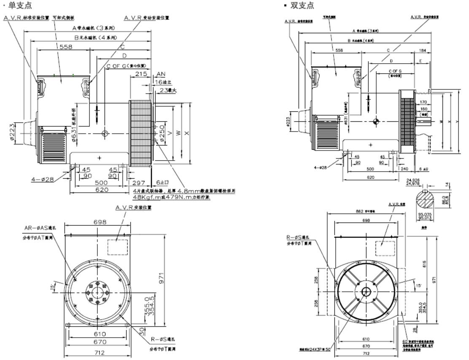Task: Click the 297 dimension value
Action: tap(138, 183)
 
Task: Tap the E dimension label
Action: tap(421, 62)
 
